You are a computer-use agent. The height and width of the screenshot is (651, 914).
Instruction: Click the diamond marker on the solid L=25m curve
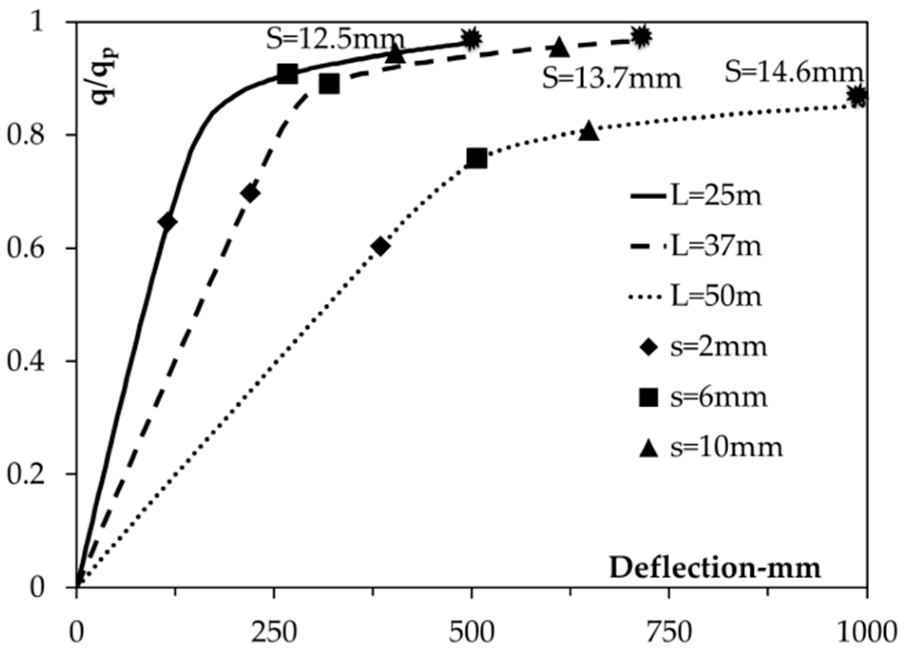click(x=168, y=222)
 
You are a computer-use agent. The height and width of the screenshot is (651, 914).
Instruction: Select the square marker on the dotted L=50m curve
click(x=476, y=159)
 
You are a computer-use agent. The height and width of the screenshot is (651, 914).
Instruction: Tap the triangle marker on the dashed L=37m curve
click(x=561, y=47)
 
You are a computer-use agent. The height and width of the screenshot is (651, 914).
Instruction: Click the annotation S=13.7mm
click(x=612, y=78)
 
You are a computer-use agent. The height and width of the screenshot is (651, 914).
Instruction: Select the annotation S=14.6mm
click(x=793, y=73)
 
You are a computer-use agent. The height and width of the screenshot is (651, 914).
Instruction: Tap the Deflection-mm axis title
click(x=715, y=568)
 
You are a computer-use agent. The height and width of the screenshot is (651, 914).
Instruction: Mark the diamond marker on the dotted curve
click(x=381, y=246)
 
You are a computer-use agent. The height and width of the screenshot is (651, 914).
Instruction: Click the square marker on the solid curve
click(x=287, y=74)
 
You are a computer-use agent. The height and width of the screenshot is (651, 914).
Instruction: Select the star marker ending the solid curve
click(x=471, y=38)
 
